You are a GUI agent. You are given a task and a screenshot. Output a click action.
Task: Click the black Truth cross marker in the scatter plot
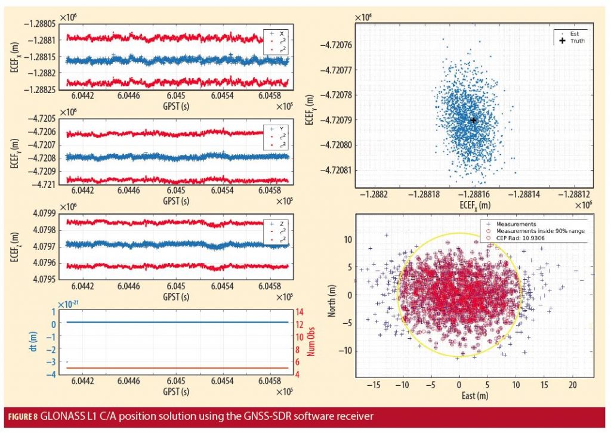[473, 120]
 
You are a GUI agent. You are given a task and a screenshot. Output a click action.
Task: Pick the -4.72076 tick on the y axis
[335, 45]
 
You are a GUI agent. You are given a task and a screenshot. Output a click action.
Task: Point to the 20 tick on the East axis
[572, 385]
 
